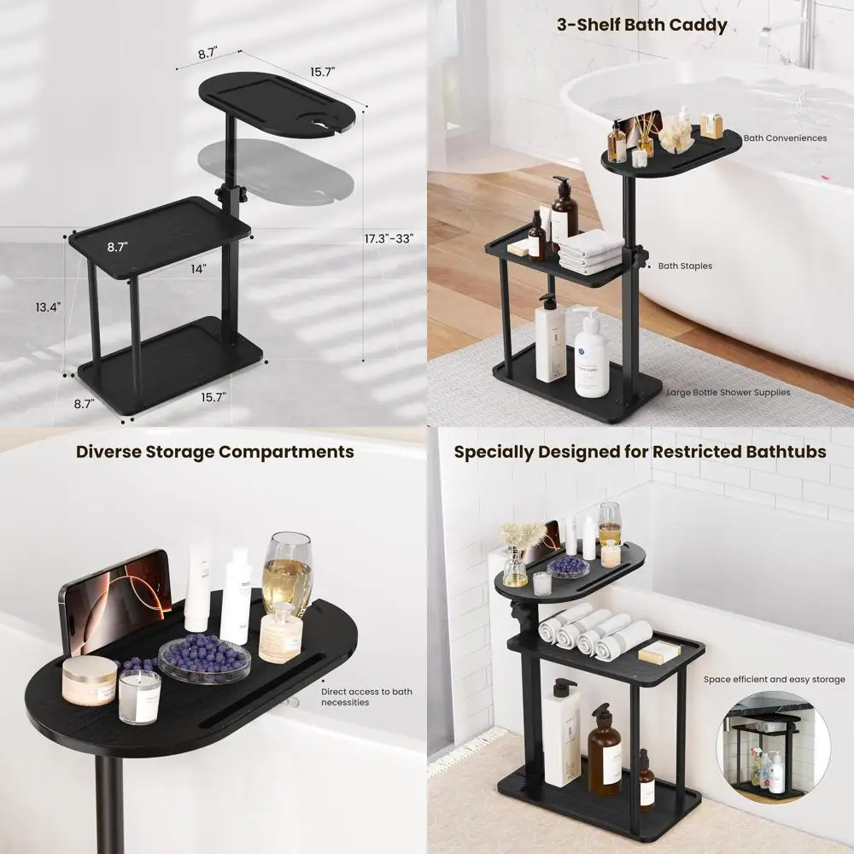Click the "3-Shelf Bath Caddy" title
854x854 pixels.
(x=641, y=24)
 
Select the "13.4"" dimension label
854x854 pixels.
(x=48, y=307)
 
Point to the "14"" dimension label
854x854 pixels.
(x=198, y=269)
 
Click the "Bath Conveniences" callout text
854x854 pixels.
(x=784, y=137)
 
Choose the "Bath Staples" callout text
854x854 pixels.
(x=684, y=266)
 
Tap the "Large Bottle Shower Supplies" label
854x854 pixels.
(x=728, y=393)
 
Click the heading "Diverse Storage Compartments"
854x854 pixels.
(x=214, y=451)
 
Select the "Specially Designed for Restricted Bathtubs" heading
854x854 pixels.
(x=640, y=451)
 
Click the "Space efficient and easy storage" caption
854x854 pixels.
(x=774, y=680)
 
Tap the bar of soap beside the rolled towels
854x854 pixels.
(x=659, y=652)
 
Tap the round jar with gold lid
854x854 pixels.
(x=89, y=679)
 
